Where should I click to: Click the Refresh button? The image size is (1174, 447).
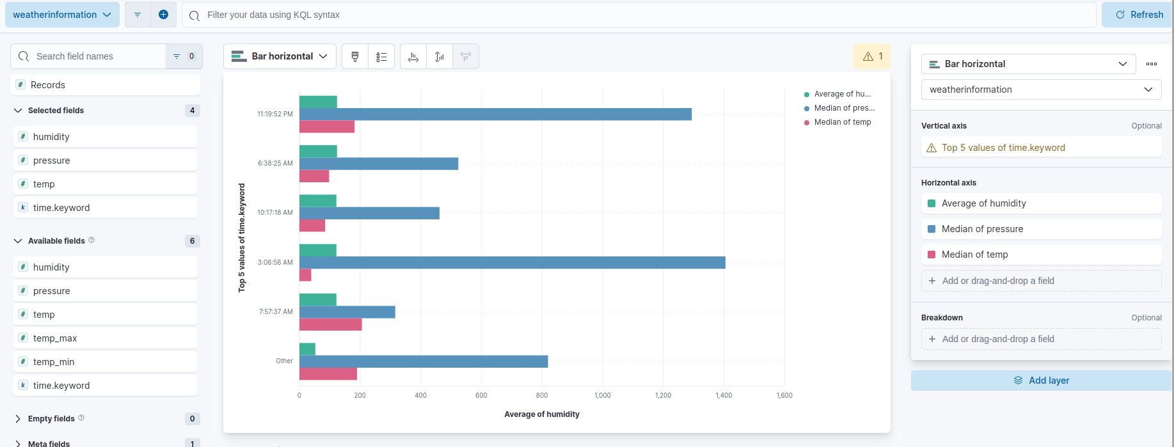1139,15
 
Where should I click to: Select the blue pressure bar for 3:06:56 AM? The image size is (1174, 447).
512,262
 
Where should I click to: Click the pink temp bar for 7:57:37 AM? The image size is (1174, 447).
330,324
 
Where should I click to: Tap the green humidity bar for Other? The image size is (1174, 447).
307,349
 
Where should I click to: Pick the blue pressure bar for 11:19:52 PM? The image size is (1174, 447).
495,114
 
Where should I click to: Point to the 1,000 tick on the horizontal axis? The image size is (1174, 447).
602,395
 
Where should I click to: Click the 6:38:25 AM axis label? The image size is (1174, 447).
275,163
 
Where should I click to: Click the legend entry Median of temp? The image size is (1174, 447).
842,122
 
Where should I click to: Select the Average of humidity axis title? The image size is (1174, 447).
541,414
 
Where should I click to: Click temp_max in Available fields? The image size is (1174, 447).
55,338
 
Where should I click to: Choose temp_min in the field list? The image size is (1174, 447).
54,362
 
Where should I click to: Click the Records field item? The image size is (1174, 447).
48,85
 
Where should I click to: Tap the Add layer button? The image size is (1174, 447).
1041,380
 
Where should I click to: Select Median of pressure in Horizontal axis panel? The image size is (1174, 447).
982,229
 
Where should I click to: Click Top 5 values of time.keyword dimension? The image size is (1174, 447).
1003,148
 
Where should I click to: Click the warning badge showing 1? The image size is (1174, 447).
873,56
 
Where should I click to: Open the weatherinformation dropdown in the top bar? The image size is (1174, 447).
62,15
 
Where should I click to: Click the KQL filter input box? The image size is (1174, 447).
640,15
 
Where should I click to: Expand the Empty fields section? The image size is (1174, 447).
51,419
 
